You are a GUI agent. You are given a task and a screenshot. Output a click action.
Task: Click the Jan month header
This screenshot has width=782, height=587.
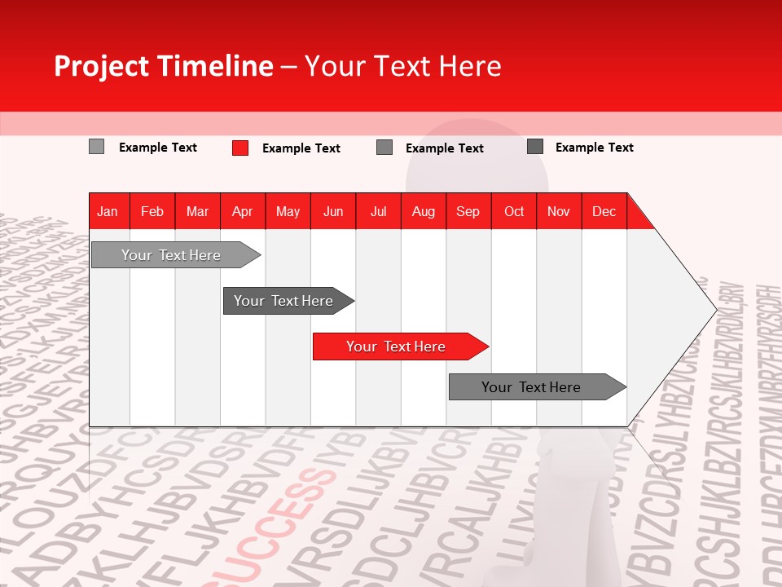(x=108, y=211)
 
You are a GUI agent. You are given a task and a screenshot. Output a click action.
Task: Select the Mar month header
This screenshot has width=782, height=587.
(x=197, y=211)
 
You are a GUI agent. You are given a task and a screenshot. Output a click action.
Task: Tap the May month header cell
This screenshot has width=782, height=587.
(x=288, y=211)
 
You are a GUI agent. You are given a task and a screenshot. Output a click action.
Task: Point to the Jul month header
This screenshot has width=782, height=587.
(x=378, y=211)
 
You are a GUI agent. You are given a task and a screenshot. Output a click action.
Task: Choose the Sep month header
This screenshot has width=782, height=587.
(x=468, y=211)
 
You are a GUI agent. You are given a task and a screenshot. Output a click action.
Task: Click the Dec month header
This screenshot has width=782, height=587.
(x=604, y=211)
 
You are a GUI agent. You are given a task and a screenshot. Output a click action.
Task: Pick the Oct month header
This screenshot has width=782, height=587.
(x=514, y=211)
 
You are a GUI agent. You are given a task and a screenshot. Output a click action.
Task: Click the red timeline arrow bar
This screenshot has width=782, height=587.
(x=399, y=346)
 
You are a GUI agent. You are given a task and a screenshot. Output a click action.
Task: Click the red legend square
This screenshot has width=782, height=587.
(x=240, y=148)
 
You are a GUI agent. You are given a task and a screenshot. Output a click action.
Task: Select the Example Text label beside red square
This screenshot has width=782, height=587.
(x=301, y=148)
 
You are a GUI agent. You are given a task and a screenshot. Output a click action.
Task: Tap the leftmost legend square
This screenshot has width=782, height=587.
(x=96, y=147)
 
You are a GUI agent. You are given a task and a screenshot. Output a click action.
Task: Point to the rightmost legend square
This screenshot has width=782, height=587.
(x=535, y=147)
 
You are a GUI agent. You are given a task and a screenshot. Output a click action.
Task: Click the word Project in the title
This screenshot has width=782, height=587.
(x=101, y=66)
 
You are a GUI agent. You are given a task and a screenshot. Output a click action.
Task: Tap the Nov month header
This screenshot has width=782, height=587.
(x=559, y=211)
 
